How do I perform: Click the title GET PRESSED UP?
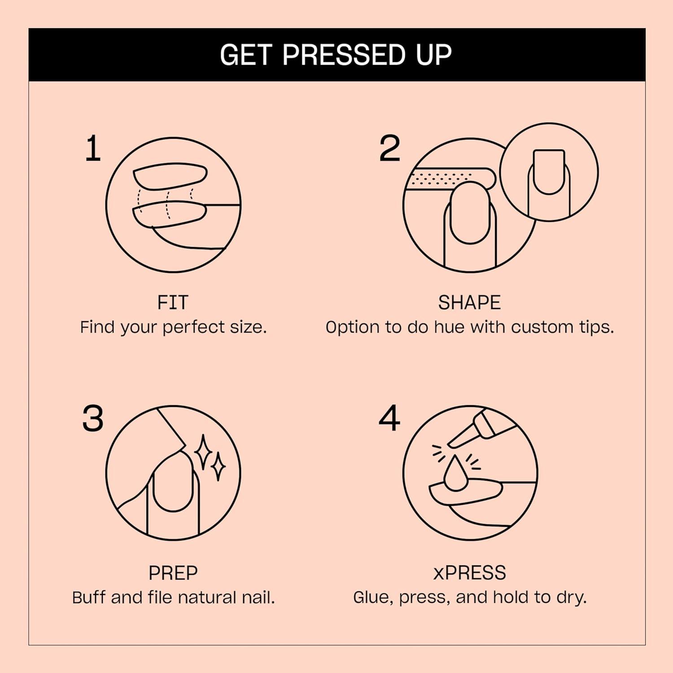point(336,55)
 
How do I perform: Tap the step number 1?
point(93,149)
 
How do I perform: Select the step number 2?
point(389,149)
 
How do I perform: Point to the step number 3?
point(93,419)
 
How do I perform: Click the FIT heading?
point(173,303)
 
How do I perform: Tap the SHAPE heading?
point(469,303)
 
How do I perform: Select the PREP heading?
point(173,573)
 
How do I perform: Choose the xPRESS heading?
point(469,573)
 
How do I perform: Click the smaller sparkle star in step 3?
point(219,467)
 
